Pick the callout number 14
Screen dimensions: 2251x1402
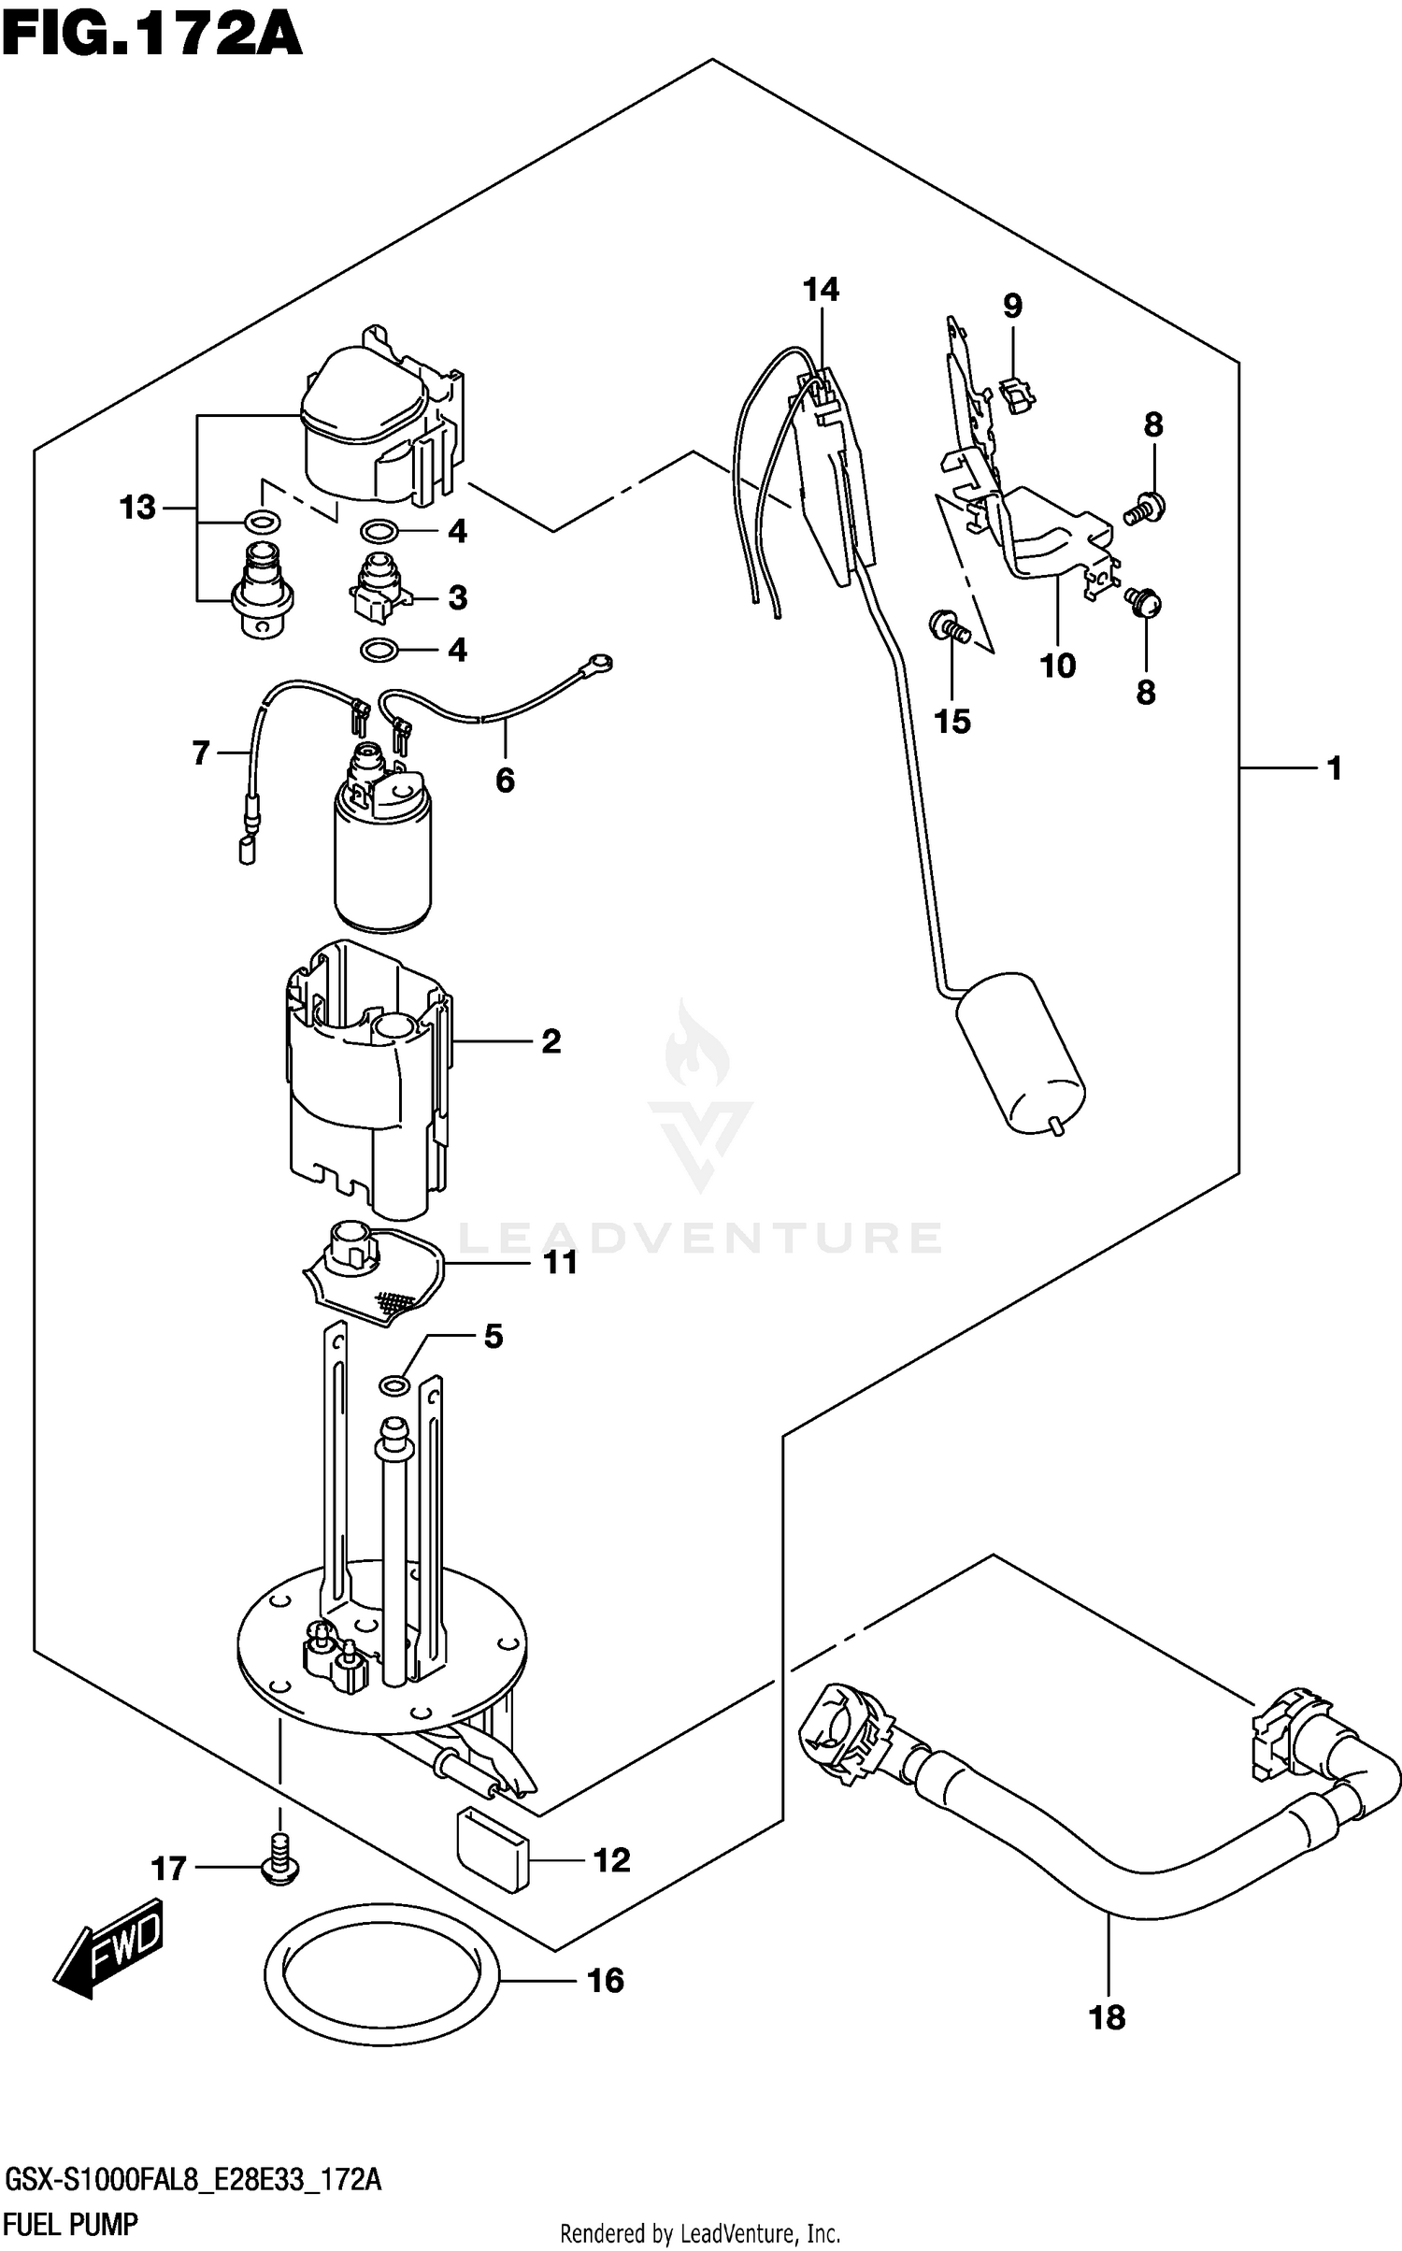coord(821,291)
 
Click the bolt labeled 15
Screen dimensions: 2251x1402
coord(949,625)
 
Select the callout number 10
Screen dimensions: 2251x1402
coord(1057,667)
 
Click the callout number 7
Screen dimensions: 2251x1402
coord(201,753)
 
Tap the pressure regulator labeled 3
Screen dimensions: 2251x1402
coord(377,587)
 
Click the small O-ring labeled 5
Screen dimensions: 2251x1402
coord(393,1384)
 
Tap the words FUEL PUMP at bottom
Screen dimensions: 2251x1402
coord(71,2223)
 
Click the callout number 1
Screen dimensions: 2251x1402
coord(1335,768)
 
